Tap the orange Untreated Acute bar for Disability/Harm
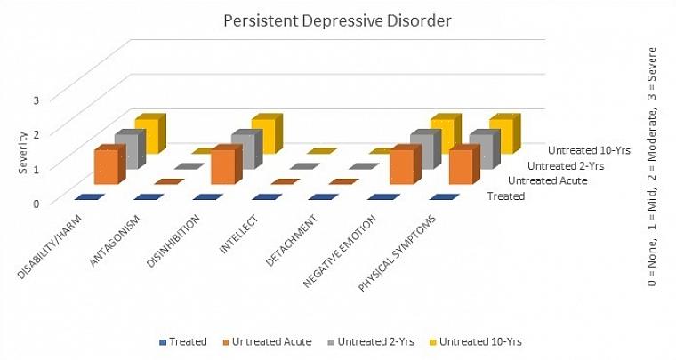(x=107, y=167)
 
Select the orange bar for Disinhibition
(x=223, y=167)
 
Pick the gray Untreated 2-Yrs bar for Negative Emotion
(x=422, y=151)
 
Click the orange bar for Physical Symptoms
(x=460, y=167)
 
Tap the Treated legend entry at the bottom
(x=184, y=340)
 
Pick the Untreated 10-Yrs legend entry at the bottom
(x=481, y=340)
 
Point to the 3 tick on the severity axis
(x=36, y=99)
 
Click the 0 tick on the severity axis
(x=36, y=202)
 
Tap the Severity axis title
(x=22, y=151)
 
